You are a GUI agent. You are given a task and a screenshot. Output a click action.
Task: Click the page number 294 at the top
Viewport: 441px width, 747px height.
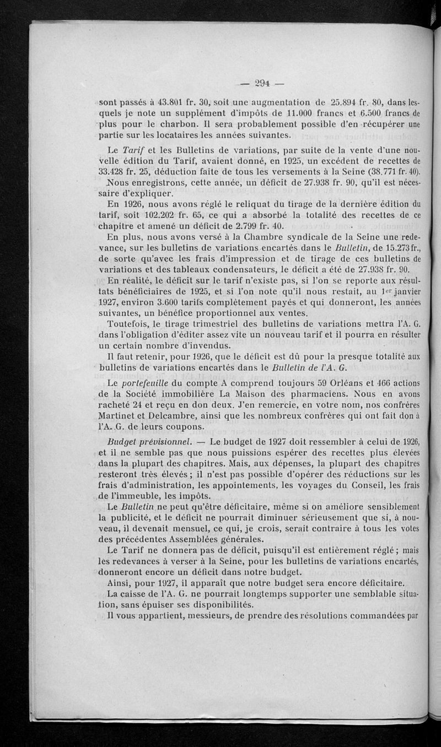[262, 84]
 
